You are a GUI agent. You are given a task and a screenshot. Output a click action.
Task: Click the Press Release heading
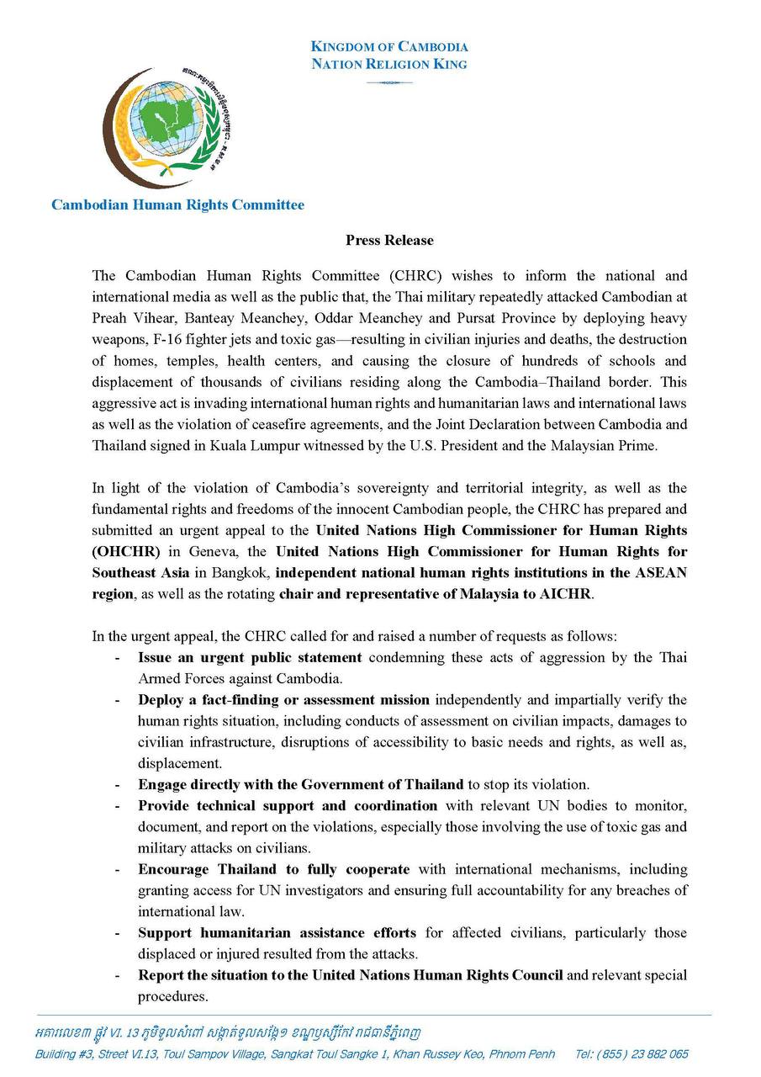[389, 241]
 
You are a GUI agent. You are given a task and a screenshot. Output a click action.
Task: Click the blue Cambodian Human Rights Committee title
[177, 204]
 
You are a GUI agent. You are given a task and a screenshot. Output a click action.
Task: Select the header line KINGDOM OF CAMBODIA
[389, 47]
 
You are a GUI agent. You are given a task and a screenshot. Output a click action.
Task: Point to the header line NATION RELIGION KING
[389, 64]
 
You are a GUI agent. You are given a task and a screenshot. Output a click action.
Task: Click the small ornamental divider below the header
[389, 82]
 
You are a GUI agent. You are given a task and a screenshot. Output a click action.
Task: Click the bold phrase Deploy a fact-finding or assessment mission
[283, 700]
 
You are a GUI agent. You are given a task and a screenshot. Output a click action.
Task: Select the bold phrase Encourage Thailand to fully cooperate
[274, 869]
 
